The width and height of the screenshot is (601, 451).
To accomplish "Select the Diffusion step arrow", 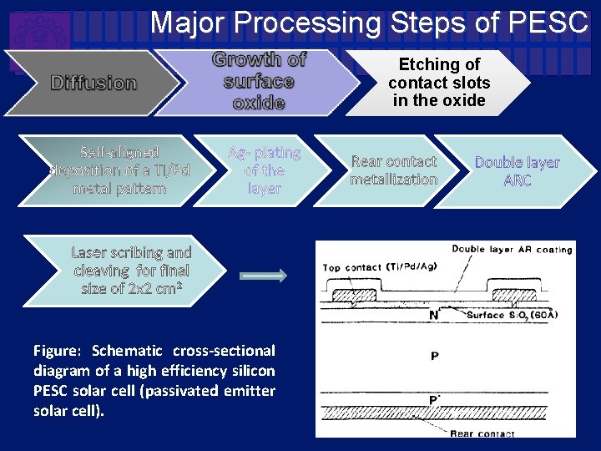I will click(x=93, y=83).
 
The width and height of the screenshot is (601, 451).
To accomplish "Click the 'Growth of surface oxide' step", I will click(x=259, y=81).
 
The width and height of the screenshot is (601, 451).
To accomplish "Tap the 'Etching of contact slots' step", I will click(x=439, y=82).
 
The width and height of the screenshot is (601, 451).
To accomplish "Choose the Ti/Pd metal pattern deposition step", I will click(x=119, y=170).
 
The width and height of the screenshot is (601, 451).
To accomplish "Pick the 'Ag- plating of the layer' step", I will click(x=264, y=170).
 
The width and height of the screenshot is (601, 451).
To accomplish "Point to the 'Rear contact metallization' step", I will click(x=394, y=170).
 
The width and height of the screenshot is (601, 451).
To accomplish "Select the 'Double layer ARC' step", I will click(x=518, y=171).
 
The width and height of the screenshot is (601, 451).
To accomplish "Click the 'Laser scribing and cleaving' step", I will click(x=131, y=271).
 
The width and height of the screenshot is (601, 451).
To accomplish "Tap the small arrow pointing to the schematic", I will click(x=263, y=276).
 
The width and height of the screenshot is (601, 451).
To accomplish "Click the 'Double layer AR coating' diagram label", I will click(x=512, y=249).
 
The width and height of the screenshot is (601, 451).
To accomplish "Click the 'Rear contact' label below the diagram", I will click(x=482, y=433).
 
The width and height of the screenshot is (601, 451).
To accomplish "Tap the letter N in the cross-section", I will click(x=433, y=315).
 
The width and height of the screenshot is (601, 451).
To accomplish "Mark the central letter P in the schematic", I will click(x=434, y=357).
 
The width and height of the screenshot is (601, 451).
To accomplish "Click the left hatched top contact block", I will click(x=354, y=296).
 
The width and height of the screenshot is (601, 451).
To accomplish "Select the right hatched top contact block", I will click(x=513, y=296).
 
